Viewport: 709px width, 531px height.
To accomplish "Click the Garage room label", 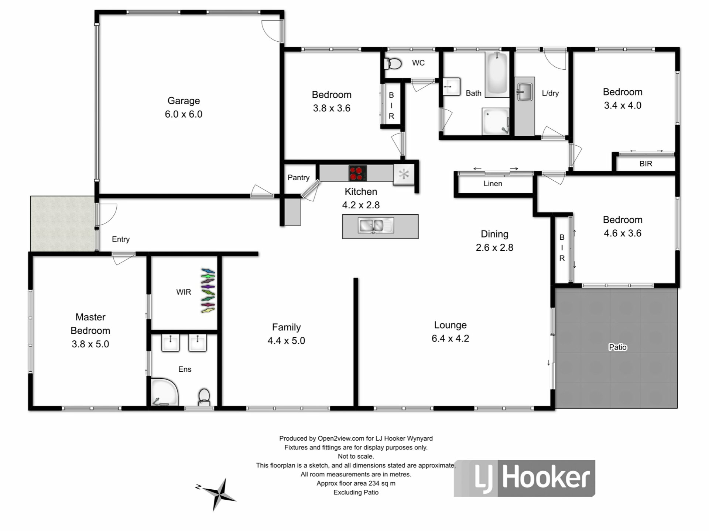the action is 184,101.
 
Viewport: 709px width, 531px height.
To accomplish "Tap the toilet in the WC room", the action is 393,64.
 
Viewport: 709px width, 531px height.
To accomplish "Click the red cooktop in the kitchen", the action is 357,173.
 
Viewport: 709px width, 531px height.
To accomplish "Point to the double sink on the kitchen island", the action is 376,225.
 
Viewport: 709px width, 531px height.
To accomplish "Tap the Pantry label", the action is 298,177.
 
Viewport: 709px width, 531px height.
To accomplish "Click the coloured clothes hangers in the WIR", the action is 208,291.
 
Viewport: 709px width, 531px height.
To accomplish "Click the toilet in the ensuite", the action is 204,397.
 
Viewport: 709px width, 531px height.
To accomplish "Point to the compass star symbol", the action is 220,494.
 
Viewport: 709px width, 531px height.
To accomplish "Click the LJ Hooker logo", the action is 524,478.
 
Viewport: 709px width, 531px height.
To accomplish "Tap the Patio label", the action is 618,347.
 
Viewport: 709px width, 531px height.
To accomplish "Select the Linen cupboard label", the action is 493,184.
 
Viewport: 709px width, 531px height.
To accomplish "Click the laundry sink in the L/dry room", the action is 524,91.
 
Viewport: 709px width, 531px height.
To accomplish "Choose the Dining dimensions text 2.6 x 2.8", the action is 494,247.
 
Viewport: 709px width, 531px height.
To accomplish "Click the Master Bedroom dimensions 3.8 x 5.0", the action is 90,344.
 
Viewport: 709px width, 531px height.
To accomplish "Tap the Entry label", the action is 121,239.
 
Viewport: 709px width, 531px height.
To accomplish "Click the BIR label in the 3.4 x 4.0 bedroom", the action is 646,164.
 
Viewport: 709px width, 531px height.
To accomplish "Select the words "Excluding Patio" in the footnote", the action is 356,492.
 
